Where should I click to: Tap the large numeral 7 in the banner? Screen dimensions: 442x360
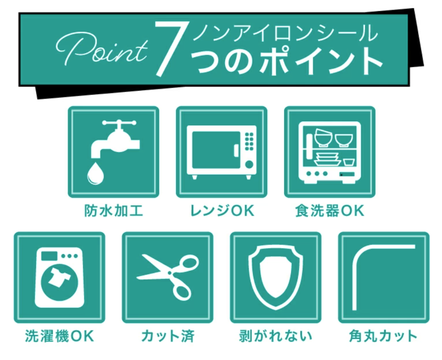(169, 49)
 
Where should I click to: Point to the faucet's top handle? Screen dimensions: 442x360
(119, 123)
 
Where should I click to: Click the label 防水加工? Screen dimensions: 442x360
(114, 211)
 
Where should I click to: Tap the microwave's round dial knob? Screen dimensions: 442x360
(249, 164)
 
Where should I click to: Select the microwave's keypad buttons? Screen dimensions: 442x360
(249, 141)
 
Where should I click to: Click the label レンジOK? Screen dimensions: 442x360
(222, 211)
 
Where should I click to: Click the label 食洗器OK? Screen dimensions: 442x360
(330, 211)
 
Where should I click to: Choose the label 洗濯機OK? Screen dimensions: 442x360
(59, 336)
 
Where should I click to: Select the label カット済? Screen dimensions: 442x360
(168, 336)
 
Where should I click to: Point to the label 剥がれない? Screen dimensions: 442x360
(275, 336)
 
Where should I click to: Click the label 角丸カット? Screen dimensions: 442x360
(383, 336)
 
